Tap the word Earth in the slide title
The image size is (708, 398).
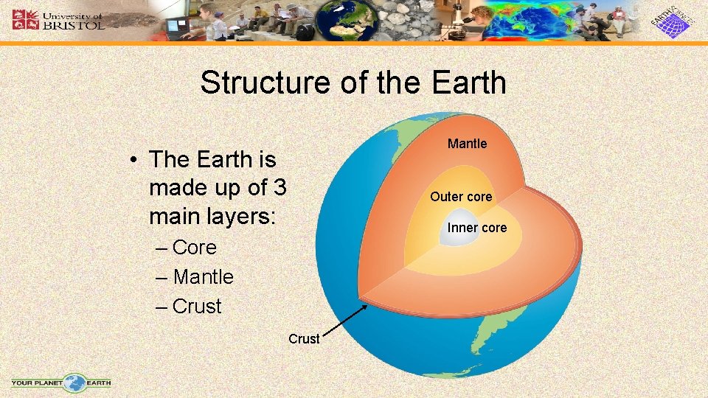(468, 83)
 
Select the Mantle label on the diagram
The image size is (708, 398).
(467, 144)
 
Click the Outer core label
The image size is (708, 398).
(461, 197)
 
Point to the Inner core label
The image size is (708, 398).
(477, 228)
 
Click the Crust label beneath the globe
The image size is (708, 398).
(304, 339)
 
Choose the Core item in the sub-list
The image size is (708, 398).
(194, 248)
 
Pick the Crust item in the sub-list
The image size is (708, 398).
(196, 307)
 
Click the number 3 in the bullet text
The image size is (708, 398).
(280, 188)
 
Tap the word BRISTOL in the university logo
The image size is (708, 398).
(74, 24)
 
